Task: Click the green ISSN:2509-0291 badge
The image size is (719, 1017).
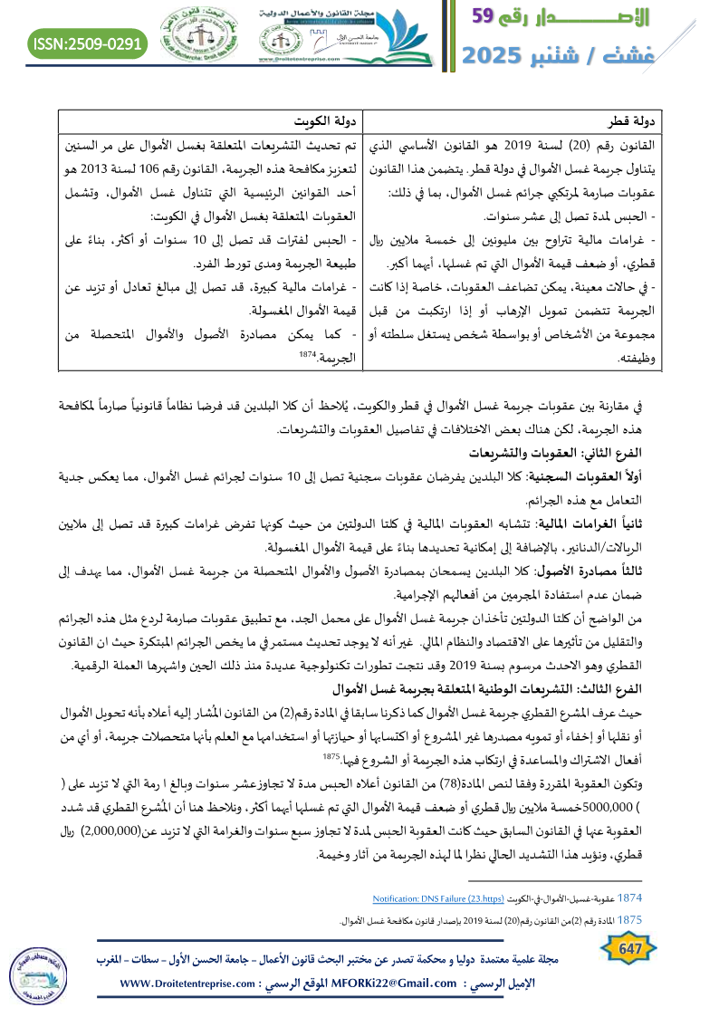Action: coord(88,43)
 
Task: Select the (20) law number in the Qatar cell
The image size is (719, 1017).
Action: coord(579,145)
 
